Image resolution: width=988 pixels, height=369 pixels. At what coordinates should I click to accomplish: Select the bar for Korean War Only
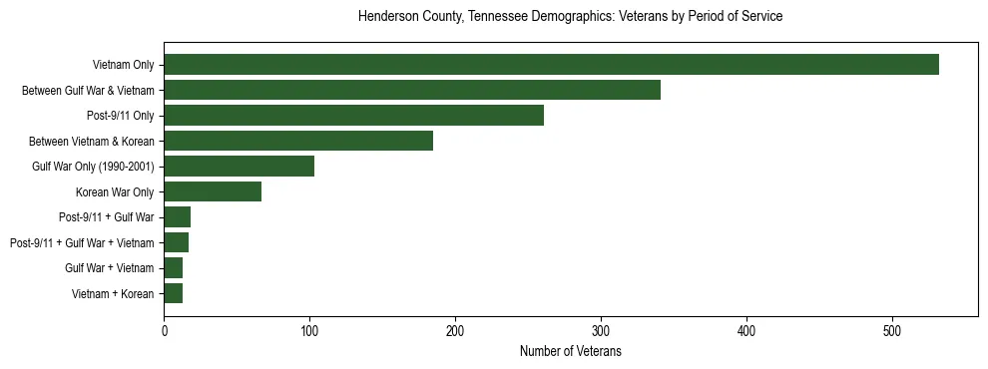point(213,191)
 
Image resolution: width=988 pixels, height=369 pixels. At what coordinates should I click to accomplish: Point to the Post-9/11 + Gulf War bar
point(177,217)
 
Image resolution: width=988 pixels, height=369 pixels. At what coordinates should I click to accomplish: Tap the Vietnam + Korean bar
point(173,293)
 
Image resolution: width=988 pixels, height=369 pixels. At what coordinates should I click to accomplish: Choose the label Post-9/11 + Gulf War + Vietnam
point(82,242)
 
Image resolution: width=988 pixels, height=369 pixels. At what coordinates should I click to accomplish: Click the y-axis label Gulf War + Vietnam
point(110,268)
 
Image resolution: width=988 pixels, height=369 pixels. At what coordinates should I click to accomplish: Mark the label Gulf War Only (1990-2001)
point(93,167)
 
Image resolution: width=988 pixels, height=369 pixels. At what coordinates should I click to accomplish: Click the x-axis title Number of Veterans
point(570,351)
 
